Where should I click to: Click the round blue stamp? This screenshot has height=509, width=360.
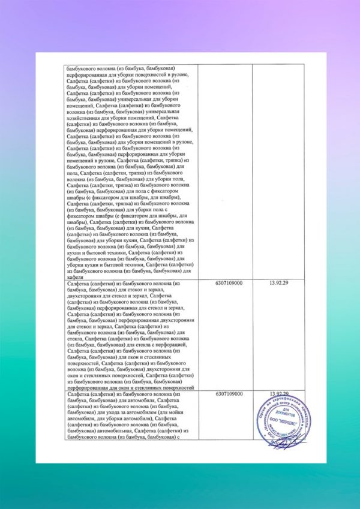285,420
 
